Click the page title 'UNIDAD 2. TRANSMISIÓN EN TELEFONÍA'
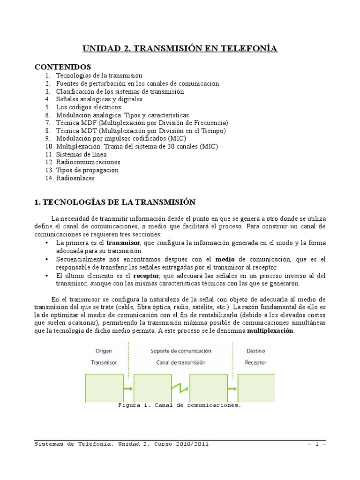coord(180,48)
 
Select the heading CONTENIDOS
coord(63,67)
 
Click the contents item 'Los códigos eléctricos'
coord(88,107)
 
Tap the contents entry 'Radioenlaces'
coord(75,178)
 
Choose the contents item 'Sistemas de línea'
coord(81,154)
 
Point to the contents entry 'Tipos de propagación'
coord(87,170)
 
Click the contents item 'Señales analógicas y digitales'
coord(99,99)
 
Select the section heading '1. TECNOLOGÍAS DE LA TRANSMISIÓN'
coord(114,202)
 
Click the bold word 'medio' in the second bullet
coord(225,259)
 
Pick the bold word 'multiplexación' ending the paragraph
coord(270,330)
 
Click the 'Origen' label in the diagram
coord(104,350)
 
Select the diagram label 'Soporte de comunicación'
coord(180,350)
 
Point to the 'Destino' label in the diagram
coord(255,350)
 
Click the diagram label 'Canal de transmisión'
coord(180,362)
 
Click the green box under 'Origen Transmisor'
coord(104,388)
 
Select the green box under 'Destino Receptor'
coord(256,388)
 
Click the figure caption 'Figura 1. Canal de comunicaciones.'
coord(180,405)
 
